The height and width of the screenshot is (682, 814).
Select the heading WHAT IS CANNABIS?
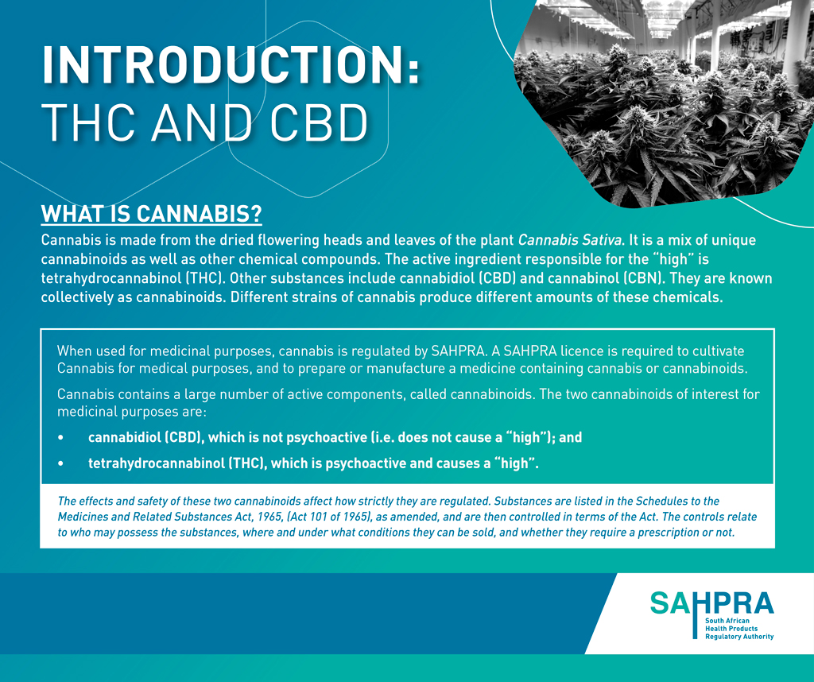[152, 214]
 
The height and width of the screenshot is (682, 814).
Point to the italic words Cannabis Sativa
[569, 240]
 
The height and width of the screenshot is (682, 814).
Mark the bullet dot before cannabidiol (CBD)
[60, 438]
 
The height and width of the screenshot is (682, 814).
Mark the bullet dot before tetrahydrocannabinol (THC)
[60, 463]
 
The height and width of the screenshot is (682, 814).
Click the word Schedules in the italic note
[661, 502]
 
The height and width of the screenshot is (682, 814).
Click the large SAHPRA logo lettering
[711, 603]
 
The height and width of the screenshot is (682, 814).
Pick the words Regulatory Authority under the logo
[739, 637]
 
